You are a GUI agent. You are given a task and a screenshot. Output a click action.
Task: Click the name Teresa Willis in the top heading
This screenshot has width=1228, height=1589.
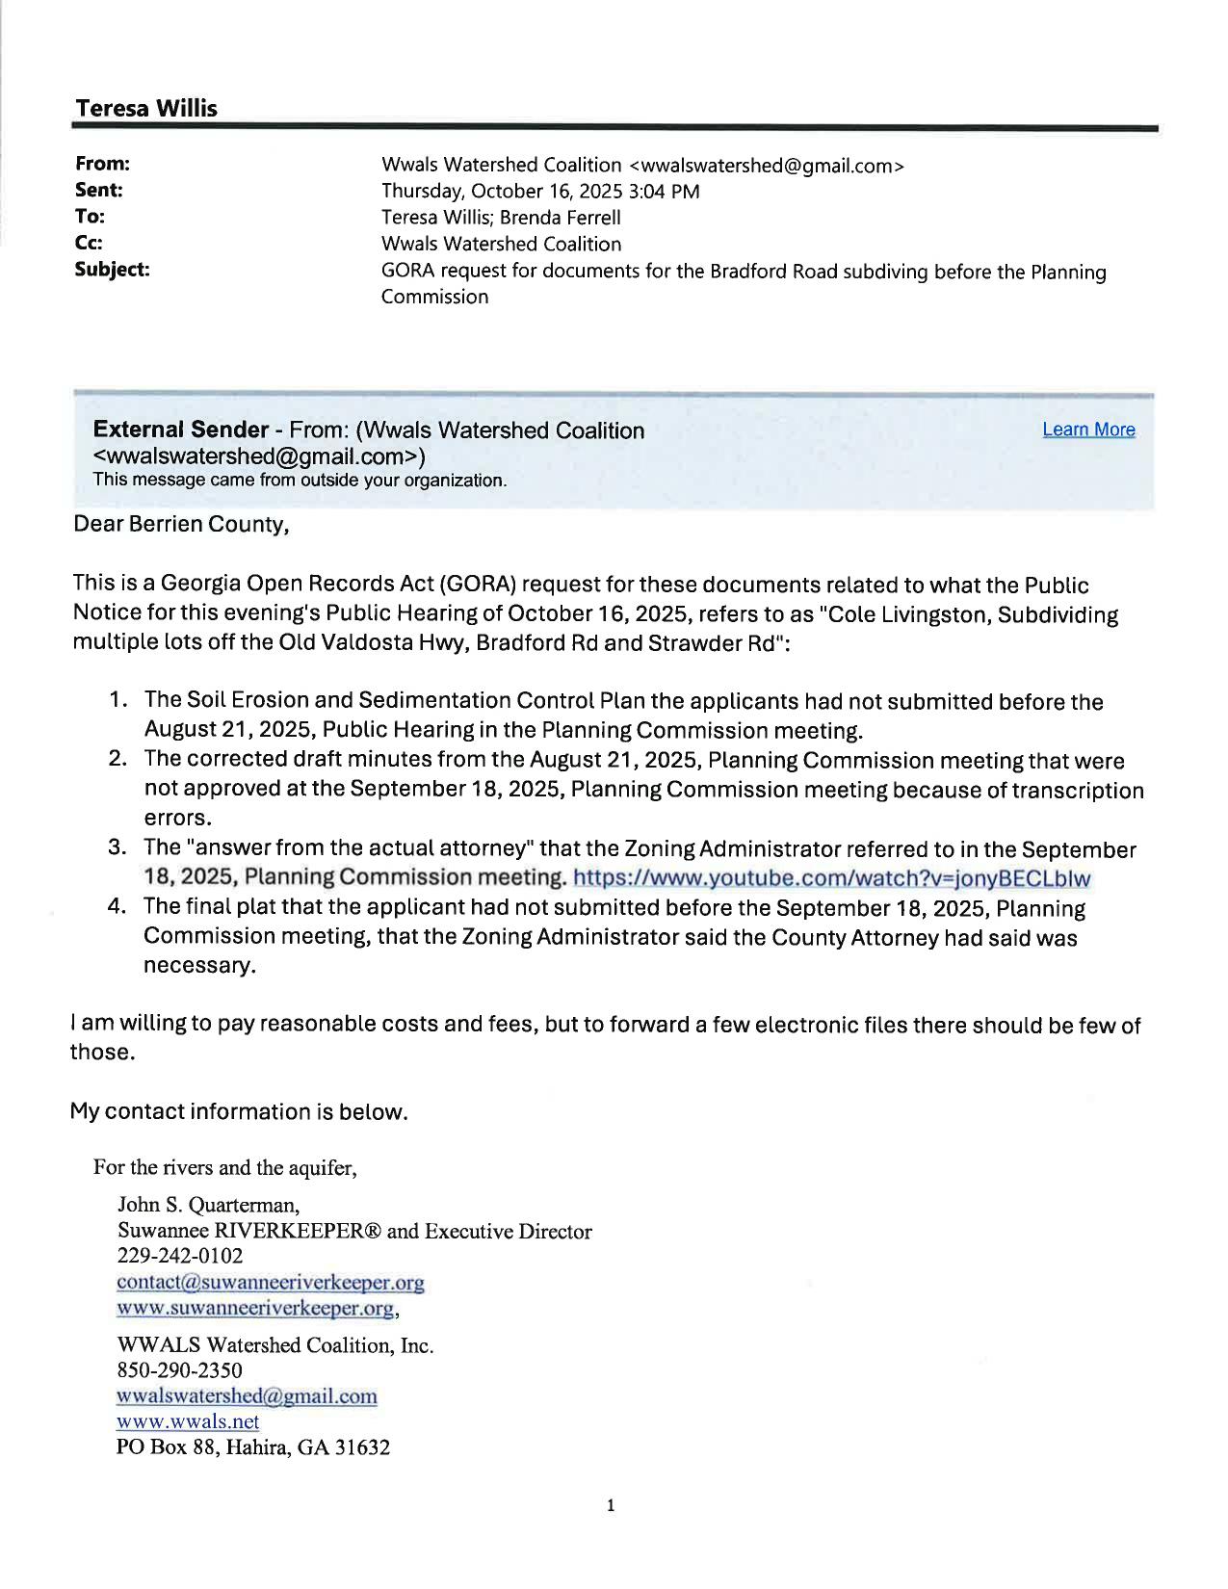(146, 109)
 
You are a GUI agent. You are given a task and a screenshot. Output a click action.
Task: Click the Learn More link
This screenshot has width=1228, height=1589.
(1088, 430)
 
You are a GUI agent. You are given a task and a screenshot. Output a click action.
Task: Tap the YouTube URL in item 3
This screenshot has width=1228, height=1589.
(831, 878)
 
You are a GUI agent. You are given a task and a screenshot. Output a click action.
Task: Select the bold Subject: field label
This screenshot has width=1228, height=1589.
(112, 270)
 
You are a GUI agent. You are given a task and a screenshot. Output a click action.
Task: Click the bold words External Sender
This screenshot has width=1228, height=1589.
(180, 430)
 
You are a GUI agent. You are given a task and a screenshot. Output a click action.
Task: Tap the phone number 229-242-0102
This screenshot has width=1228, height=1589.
(179, 1256)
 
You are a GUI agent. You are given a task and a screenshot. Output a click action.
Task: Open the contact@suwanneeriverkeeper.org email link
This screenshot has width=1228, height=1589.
(270, 1283)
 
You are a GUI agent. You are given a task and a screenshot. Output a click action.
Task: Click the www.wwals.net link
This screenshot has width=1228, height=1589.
(188, 1421)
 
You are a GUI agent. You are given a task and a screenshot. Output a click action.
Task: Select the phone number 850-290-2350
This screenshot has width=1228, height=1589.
(179, 1369)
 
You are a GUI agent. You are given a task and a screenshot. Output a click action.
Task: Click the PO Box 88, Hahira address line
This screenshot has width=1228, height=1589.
(252, 1446)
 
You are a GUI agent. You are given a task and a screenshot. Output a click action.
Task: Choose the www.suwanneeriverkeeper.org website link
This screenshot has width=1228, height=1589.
(255, 1308)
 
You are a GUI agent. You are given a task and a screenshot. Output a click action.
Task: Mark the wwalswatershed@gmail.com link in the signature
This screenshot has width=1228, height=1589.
(247, 1395)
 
